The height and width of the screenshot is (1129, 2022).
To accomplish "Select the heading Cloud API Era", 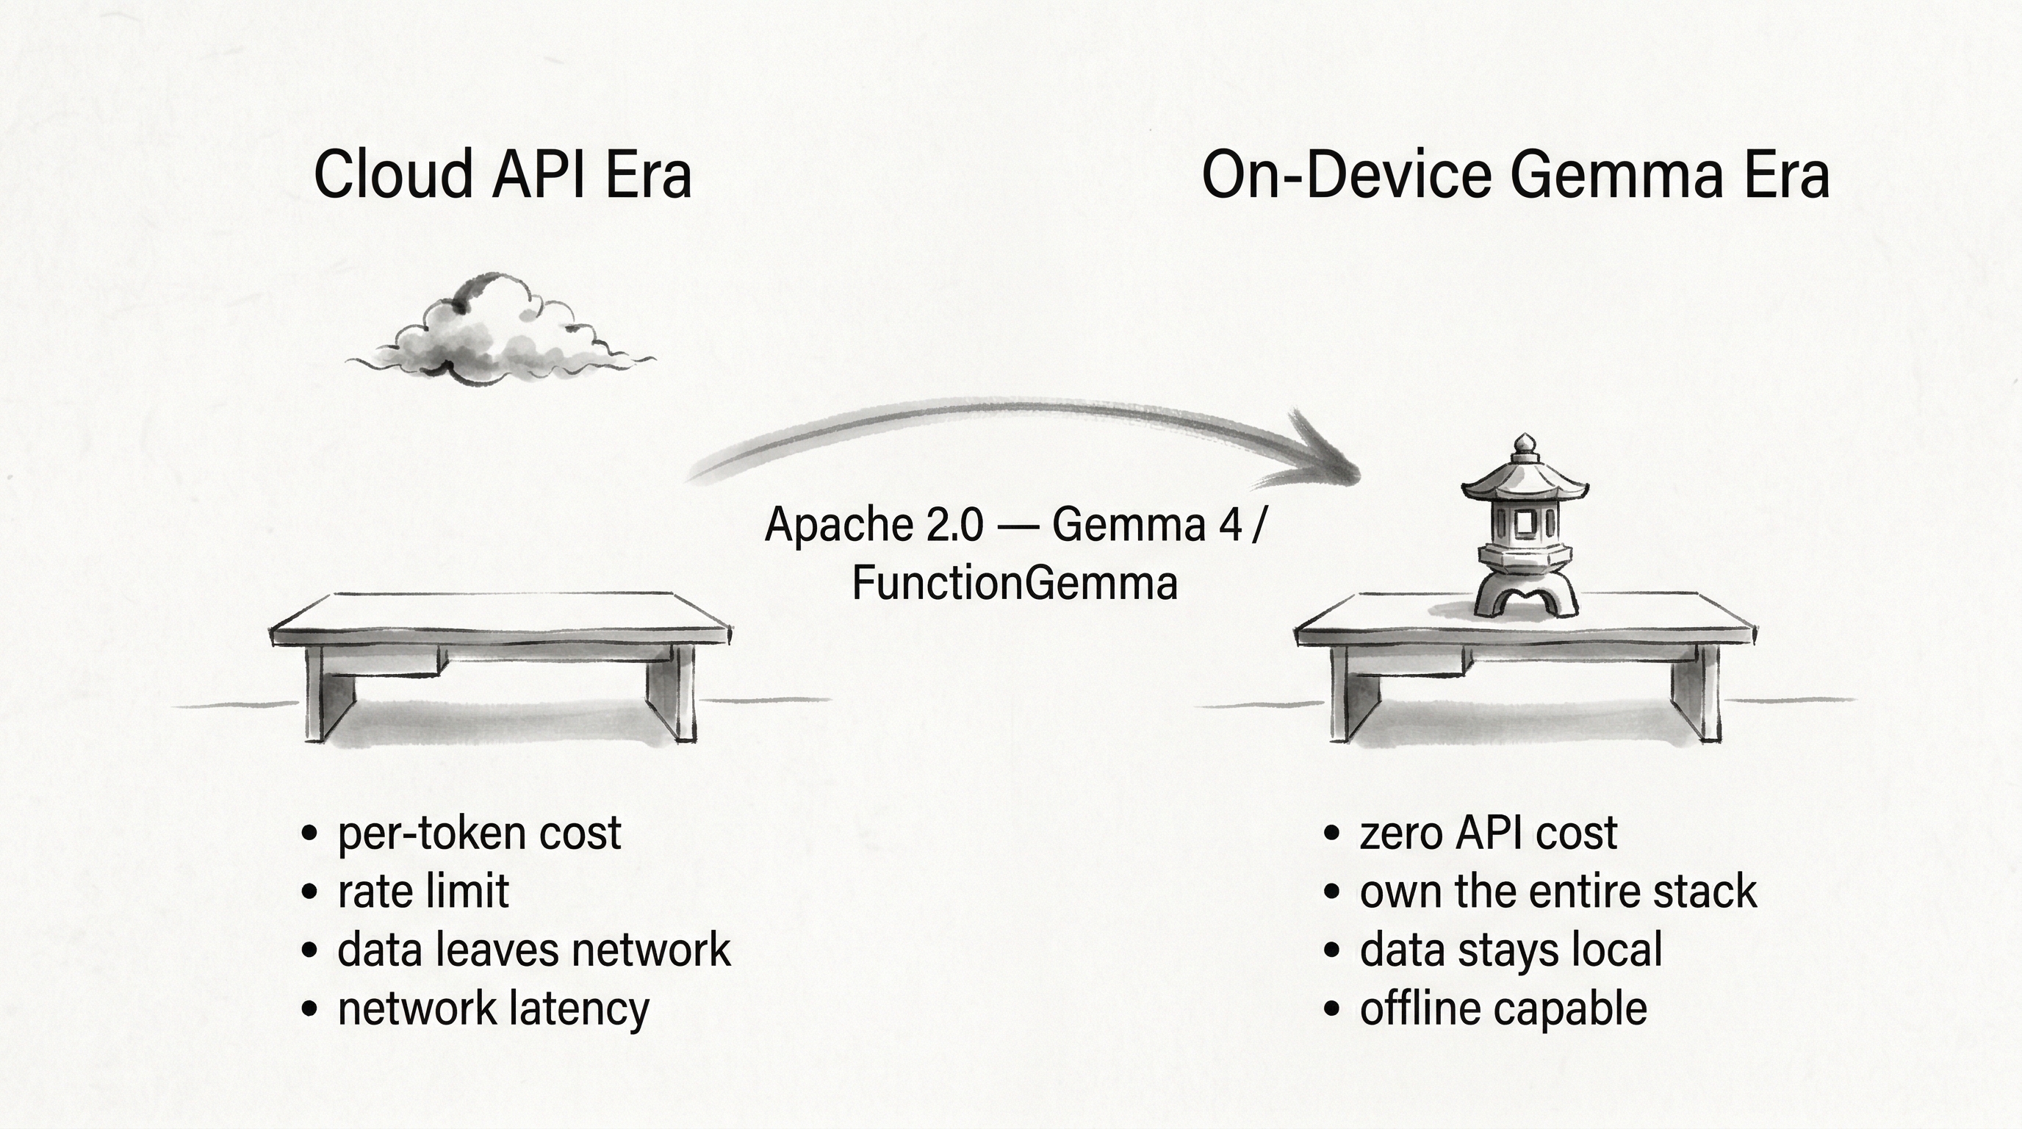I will (x=503, y=174).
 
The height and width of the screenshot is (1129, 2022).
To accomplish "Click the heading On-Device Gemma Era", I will (x=1515, y=174).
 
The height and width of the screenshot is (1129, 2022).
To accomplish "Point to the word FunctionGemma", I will (x=1014, y=584).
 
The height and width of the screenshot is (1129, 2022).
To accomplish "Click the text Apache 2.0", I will (x=873, y=525).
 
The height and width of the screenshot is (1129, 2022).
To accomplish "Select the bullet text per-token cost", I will (x=479, y=833).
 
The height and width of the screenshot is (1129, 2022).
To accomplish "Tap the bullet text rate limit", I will (x=423, y=892).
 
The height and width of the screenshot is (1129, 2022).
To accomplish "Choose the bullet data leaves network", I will (x=533, y=950).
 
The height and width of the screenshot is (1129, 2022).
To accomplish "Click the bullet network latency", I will (x=493, y=1009).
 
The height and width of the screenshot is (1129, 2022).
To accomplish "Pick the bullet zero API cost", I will (x=1487, y=833).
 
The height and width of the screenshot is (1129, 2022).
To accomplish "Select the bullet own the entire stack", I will (x=1558, y=892).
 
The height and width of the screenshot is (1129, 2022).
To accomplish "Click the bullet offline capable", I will (x=1503, y=1009).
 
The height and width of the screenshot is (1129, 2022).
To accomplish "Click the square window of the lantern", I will (x=1524, y=522).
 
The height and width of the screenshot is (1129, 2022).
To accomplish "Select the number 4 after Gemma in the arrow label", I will (x=1230, y=525).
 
